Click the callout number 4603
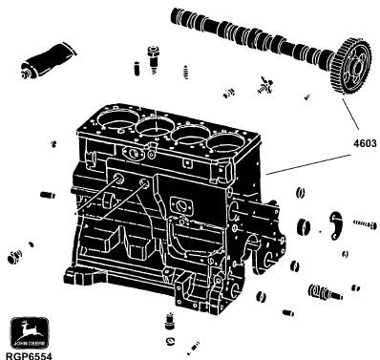pyautogui.click(x=365, y=143)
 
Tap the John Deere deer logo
pyautogui.click(x=30, y=332)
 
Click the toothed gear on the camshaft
pyautogui.click(x=354, y=66)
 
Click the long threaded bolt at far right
pyautogui.click(x=365, y=225)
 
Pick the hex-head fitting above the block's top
pyautogui.click(x=153, y=59)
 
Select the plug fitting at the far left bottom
pyautogui.click(x=15, y=256)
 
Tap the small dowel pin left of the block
pyautogui.click(x=48, y=195)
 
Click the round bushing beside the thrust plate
pyautogui.click(x=304, y=226)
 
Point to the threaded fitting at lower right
pyautogui.click(x=325, y=292)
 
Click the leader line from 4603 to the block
pyautogui.click(x=308, y=164)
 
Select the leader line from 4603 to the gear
pyautogui.click(x=350, y=114)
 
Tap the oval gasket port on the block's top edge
pyautogui.click(x=132, y=153)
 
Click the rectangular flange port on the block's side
pyautogui.click(x=182, y=205)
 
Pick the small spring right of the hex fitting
pyautogui.click(x=187, y=73)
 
